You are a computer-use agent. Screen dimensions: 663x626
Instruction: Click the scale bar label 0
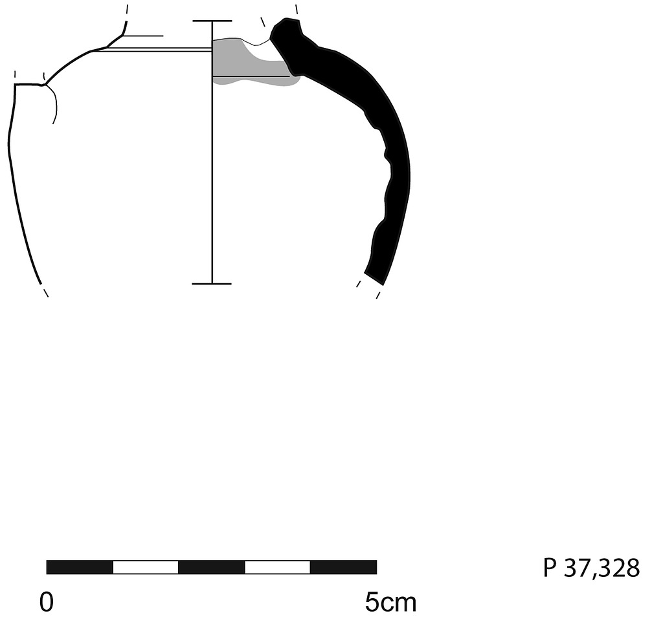[x=47, y=601]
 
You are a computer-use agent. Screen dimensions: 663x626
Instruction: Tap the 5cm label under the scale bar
[x=390, y=602]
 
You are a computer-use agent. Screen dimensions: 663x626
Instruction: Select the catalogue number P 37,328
[x=591, y=568]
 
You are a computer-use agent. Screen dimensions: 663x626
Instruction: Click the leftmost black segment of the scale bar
[x=80, y=567]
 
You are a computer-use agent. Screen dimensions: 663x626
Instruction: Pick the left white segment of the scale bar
[x=146, y=567]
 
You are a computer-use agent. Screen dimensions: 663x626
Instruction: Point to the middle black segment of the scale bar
[x=212, y=567]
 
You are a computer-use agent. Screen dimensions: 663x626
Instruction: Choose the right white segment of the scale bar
[x=277, y=567]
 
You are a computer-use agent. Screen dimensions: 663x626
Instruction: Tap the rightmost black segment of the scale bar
[x=343, y=567]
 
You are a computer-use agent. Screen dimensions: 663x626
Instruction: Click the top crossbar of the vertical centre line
[x=212, y=21]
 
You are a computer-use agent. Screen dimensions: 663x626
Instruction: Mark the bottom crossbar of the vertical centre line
[x=212, y=283]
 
